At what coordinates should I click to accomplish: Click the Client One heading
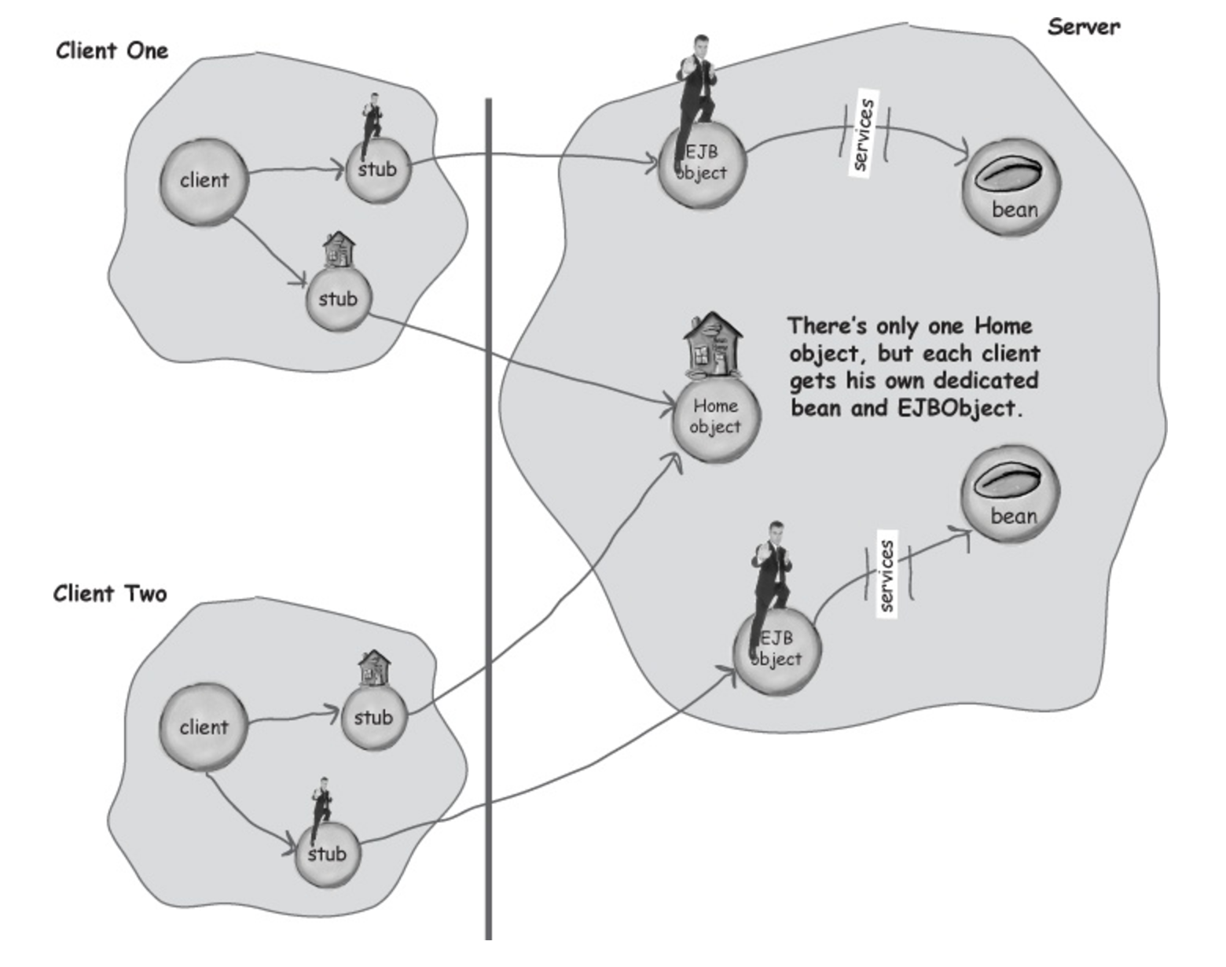[112, 51]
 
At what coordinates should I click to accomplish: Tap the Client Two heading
[110, 594]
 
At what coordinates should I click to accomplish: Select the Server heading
[1084, 27]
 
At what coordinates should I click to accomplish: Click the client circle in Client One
[204, 182]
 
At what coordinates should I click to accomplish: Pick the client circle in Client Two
[204, 728]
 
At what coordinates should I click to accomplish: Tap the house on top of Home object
[713, 345]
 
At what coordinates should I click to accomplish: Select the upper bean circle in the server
[1011, 187]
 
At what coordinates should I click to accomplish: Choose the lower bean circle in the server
[1011, 494]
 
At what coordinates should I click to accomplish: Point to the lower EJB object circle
[777, 650]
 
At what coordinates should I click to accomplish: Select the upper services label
[863, 134]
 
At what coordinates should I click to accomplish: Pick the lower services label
[886, 574]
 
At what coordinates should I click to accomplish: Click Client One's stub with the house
[339, 298]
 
